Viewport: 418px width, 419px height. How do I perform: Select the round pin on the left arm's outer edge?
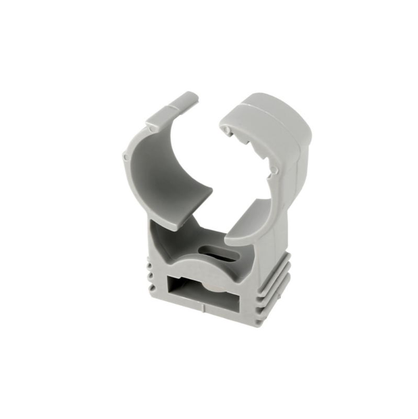pyautogui.click(x=124, y=156)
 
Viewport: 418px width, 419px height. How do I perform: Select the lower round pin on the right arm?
pyautogui.click(x=273, y=169)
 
